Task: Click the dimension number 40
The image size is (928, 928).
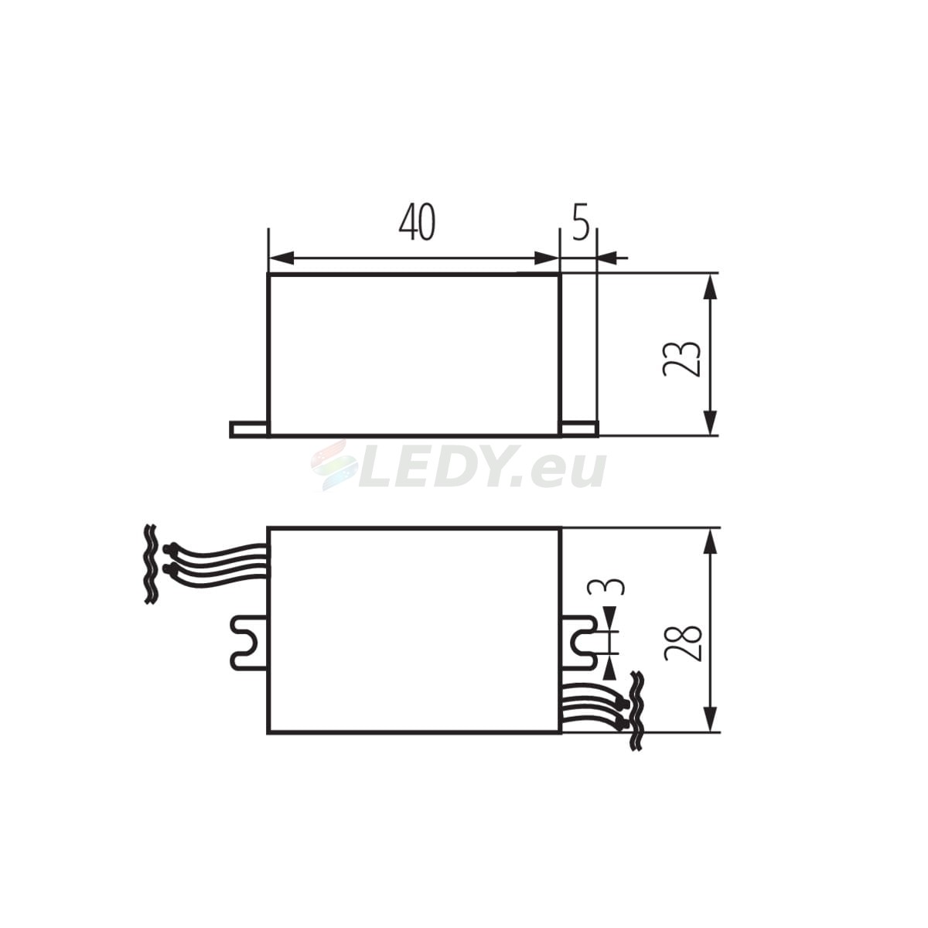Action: (x=417, y=222)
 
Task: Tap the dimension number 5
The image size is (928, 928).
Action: (x=581, y=222)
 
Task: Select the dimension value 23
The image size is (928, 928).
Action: (x=681, y=359)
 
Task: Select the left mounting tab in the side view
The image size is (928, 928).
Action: (x=248, y=429)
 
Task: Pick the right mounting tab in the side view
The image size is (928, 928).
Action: (x=580, y=429)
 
